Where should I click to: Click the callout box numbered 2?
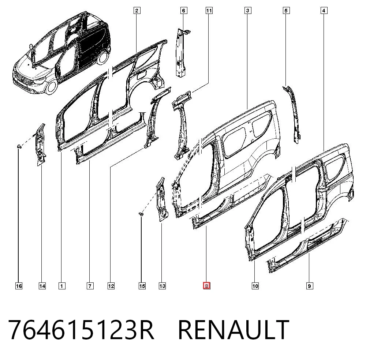(137, 11)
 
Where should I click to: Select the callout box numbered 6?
(183, 11)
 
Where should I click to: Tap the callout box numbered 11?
(209, 11)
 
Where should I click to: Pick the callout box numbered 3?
(248, 11)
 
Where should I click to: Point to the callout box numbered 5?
(286, 11)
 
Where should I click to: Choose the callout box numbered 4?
(324, 11)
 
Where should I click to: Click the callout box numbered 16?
(19, 286)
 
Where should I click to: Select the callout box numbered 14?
(42, 286)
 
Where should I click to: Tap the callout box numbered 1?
(62, 286)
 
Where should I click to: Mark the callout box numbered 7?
(90, 286)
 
